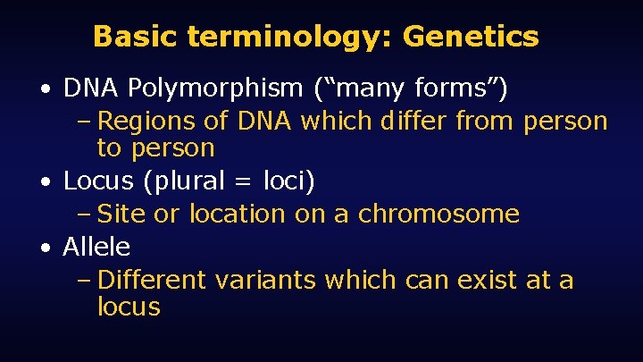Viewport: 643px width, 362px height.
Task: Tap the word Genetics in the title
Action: tap(471, 37)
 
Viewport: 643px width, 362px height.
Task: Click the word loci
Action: tap(283, 181)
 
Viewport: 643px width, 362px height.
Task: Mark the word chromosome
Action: tap(438, 215)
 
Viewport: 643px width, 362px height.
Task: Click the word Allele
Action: tap(96, 248)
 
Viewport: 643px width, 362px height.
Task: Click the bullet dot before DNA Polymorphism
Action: tap(46, 90)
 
